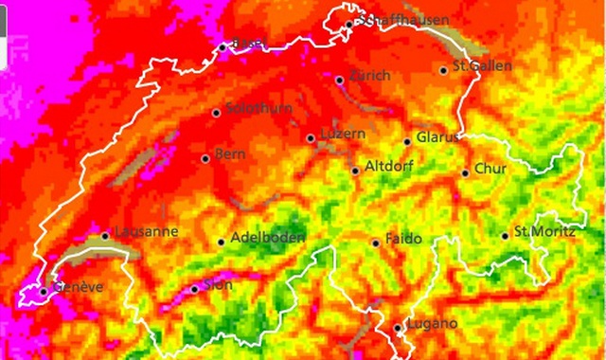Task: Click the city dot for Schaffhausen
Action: tap(349, 24)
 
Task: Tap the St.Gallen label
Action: tap(483, 66)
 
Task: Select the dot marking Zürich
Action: tap(340, 80)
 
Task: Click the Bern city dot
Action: tap(205, 158)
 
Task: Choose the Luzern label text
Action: tap(343, 135)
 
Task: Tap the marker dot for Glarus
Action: tap(407, 142)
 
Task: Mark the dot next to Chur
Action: tap(465, 172)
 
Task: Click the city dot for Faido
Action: tap(376, 243)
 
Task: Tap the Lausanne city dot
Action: tap(105, 236)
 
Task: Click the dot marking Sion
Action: tap(194, 289)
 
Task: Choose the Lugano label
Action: tap(432, 324)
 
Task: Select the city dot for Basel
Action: tap(223, 46)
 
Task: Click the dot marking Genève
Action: tap(43, 291)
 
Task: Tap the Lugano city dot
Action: tap(397, 329)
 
